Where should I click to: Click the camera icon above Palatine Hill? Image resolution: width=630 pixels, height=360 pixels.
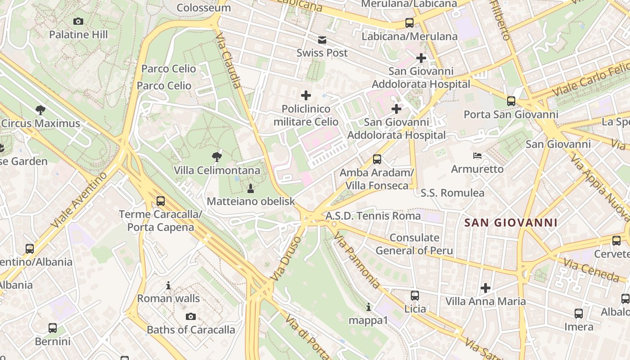click(78, 21)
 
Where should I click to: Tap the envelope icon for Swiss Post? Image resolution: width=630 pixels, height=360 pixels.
click(322, 40)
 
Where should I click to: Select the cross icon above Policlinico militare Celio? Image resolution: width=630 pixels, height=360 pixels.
click(306, 95)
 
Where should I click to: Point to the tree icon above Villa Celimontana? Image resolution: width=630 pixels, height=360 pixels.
click(217, 157)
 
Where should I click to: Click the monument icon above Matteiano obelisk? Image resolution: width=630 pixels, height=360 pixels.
click(251, 188)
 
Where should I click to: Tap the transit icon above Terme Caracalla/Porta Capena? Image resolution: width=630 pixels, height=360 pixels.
click(161, 201)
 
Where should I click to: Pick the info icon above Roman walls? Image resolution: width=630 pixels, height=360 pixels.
click(168, 285)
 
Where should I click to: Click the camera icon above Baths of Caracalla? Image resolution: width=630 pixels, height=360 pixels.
click(191, 316)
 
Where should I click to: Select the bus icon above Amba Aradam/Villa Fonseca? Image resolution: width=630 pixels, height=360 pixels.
click(377, 159)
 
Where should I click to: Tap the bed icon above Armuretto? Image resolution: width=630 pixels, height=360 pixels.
click(477, 156)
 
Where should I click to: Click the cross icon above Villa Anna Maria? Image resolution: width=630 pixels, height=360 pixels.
click(486, 288)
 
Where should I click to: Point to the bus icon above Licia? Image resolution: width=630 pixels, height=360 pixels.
click(415, 296)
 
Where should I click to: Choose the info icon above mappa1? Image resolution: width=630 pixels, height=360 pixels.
click(369, 307)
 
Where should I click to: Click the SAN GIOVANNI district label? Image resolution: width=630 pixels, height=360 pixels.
click(511, 222)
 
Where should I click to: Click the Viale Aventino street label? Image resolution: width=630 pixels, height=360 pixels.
click(80, 199)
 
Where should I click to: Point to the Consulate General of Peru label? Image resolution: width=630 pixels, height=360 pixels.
click(414, 244)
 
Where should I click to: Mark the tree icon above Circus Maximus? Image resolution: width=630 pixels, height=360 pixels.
click(40, 110)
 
